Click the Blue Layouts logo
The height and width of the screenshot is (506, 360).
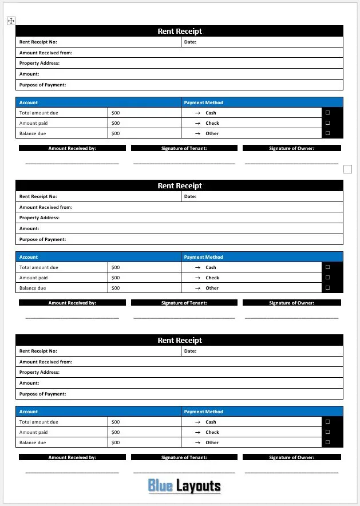click(x=184, y=486)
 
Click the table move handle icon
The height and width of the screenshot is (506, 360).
click(x=11, y=21)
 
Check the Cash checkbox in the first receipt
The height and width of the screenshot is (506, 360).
click(x=327, y=113)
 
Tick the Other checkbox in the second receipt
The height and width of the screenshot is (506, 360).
click(x=327, y=288)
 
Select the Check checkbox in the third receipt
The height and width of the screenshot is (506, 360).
click(x=327, y=432)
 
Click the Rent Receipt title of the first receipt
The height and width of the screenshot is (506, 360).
click(x=180, y=31)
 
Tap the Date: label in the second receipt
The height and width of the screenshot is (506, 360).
click(x=190, y=196)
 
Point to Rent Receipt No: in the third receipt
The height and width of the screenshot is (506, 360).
click(x=38, y=351)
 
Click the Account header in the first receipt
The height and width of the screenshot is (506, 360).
click(x=29, y=102)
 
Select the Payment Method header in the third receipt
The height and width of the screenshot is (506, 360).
click(x=204, y=412)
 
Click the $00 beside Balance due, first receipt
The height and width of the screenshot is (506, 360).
click(x=116, y=133)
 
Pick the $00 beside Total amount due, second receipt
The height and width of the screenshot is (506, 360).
click(x=116, y=267)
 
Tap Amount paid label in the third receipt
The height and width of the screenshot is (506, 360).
click(x=34, y=432)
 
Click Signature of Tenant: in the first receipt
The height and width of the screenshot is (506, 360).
click(x=184, y=148)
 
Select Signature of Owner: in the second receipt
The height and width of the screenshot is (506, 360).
click(x=292, y=303)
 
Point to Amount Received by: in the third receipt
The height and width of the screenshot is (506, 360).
click(x=72, y=457)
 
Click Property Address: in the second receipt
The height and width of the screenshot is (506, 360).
click(x=39, y=218)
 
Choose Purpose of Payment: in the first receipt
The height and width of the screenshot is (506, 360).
click(x=42, y=85)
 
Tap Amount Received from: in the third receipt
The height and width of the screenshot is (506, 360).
click(x=46, y=362)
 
